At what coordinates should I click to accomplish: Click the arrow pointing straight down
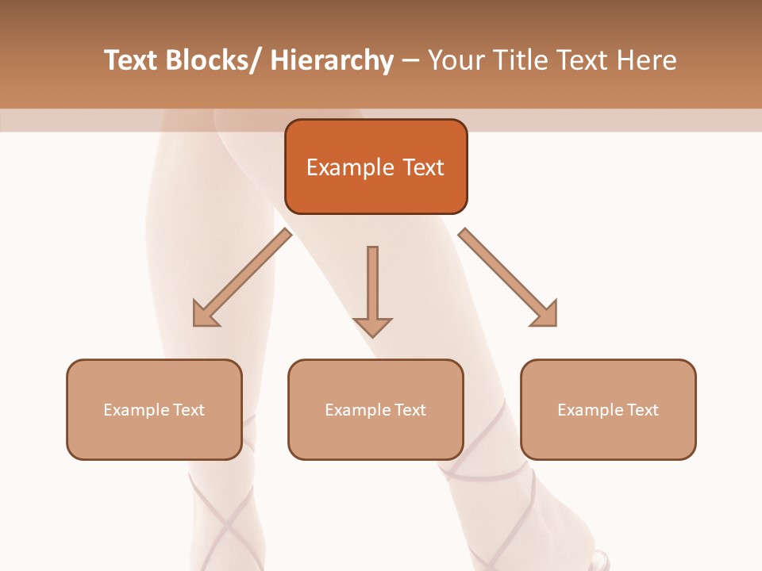click(372, 289)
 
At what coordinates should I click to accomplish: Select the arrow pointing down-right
click(508, 278)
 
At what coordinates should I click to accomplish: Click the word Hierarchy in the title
click(332, 61)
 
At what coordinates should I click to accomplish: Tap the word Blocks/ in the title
click(214, 61)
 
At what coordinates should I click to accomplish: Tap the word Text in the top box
click(423, 168)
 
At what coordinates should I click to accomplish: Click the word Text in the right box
click(643, 410)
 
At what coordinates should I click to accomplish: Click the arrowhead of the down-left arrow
click(205, 315)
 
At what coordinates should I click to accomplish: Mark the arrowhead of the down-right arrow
click(545, 314)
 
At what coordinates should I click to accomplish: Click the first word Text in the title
click(132, 61)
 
